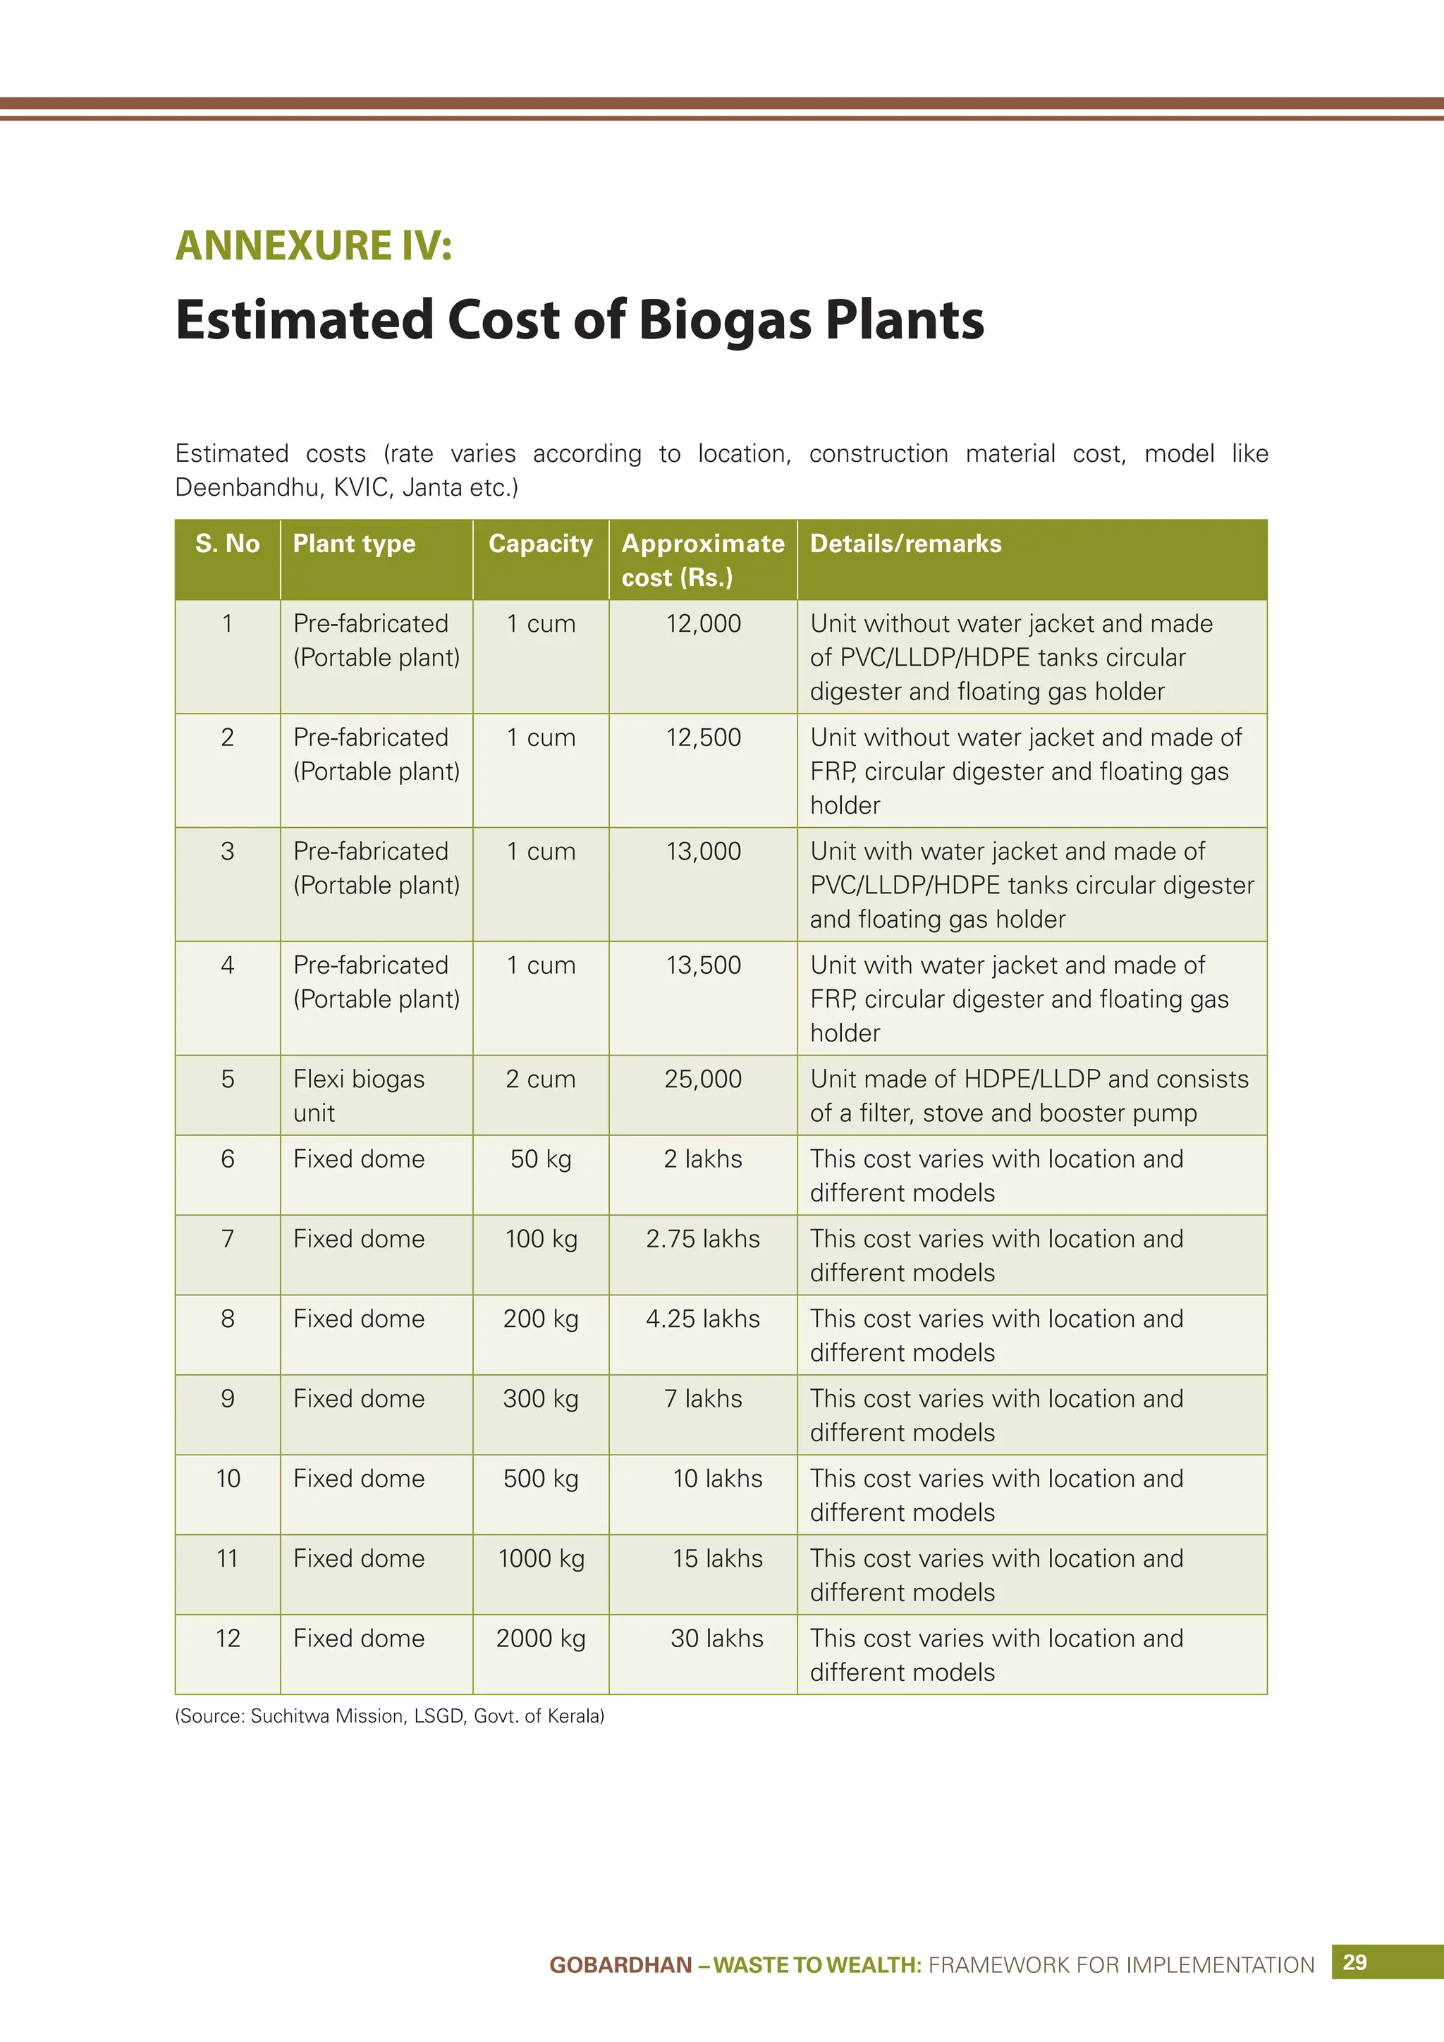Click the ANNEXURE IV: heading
(x=314, y=245)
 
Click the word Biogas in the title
(x=726, y=320)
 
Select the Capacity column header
(x=541, y=544)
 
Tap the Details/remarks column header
(x=905, y=544)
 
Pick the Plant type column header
(x=354, y=544)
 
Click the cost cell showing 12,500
(x=704, y=738)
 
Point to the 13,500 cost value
(x=704, y=965)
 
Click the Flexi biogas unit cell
(x=359, y=1096)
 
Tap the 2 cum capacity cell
(x=541, y=1079)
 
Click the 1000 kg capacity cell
(x=541, y=1558)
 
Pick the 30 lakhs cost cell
(x=716, y=1638)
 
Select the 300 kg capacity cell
(x=541, y=1399)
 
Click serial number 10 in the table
(x=228, y=1478)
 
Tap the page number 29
(x=1354, y=1962)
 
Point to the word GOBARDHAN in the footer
(x=620, y=1964)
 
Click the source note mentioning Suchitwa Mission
(x=389, y=1716)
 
